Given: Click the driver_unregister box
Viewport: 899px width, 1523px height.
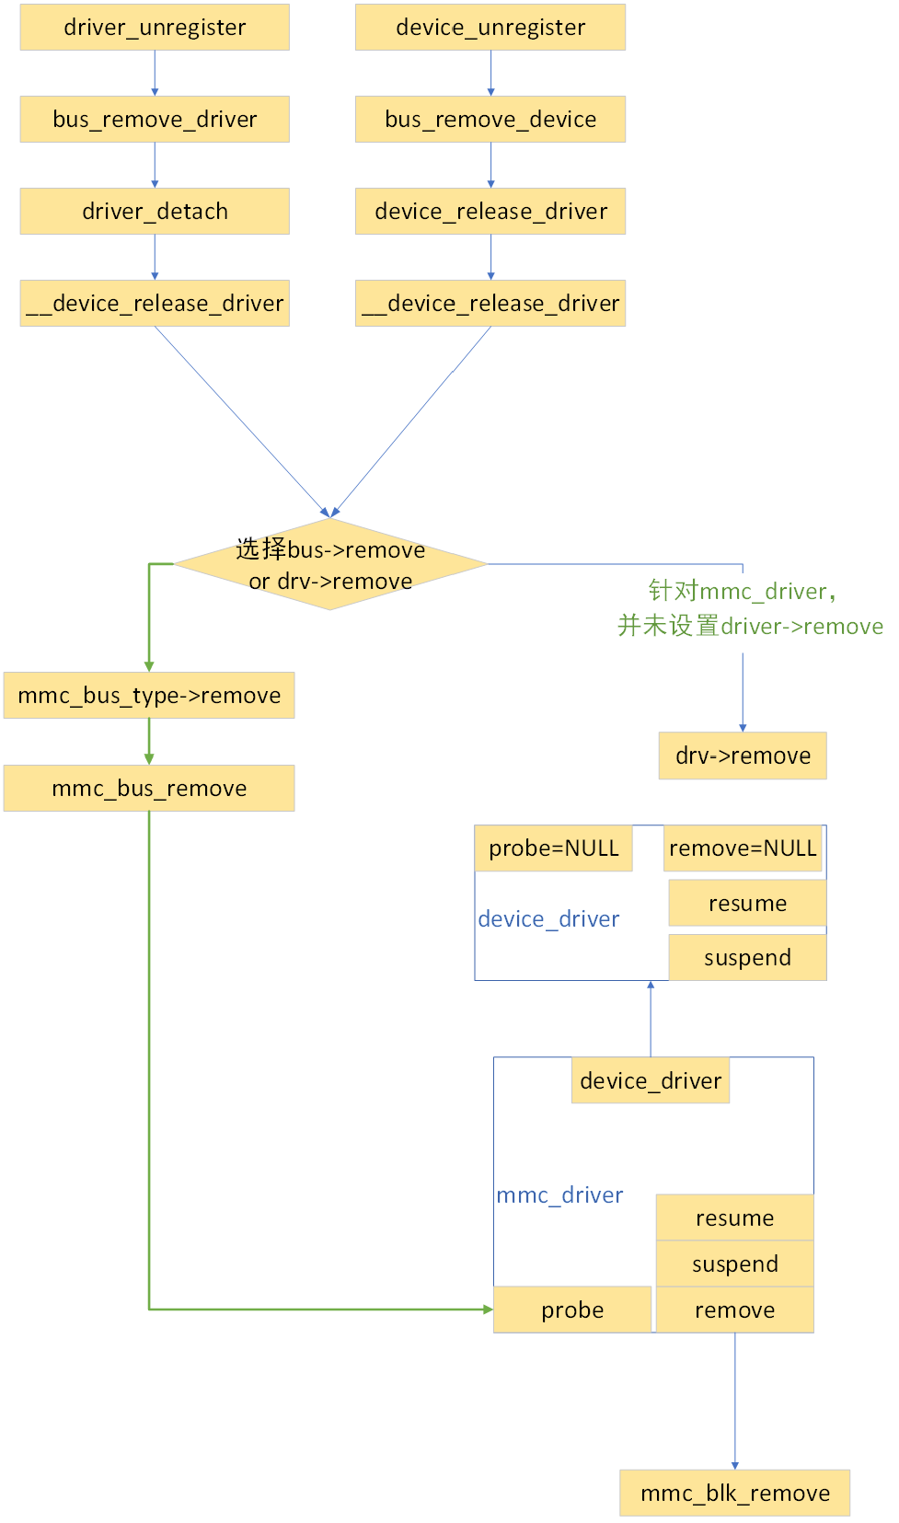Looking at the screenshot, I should coord(155,28).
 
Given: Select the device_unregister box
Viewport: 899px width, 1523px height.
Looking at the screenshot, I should coord(490,28).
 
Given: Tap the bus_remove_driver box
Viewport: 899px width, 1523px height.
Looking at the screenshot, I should coord(155,120).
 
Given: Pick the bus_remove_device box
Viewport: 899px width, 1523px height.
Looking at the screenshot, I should coord(490,120).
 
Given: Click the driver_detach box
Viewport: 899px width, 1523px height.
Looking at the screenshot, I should coord(155,212).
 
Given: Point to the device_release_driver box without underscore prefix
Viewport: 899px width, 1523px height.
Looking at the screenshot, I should coord(490,212).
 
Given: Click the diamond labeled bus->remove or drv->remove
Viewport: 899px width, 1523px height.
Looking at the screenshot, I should coord(330,564).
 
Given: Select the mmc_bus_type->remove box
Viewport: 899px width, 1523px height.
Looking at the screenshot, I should coord(149,696).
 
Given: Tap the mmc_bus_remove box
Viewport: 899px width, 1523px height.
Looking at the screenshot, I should coord(149,789).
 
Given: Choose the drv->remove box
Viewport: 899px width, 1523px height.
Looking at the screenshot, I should coord(743,756).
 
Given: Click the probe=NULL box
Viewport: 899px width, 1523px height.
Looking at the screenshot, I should coord(554,848).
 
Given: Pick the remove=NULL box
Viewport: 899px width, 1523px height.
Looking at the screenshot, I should coord(743,848).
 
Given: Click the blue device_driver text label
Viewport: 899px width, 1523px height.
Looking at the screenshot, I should coord(548,919).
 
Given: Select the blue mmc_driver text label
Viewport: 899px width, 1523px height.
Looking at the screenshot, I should coord(559,1195).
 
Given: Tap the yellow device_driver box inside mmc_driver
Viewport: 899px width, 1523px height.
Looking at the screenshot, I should coord(651,1081).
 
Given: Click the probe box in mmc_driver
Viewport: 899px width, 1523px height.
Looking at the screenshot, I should coord(572,1310).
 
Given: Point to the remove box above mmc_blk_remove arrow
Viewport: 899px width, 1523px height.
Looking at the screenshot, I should coord(734,1310).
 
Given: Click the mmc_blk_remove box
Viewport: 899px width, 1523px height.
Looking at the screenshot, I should coord(734,1494).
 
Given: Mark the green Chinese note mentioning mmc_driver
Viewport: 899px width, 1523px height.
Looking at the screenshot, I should coord(749,609).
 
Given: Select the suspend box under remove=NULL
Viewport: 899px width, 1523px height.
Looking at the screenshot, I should coord(747,958).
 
